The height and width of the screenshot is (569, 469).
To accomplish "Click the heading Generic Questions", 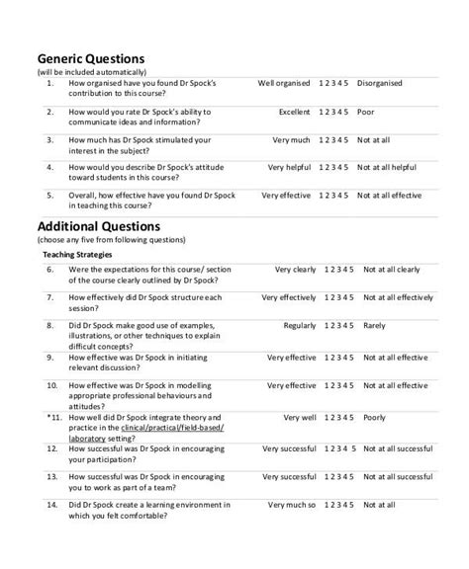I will [x=91, y=58].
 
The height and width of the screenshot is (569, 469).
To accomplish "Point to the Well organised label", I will [x=285, y=84].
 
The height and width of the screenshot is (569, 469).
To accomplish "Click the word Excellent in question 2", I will [x=294, y=112].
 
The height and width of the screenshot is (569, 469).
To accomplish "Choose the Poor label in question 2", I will [x=367, y=112].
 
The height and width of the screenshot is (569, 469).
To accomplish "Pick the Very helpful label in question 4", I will [x=289, y=168].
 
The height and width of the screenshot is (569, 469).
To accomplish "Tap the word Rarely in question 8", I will [x=374, y=325].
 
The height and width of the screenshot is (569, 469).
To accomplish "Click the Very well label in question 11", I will [x=299, y=417].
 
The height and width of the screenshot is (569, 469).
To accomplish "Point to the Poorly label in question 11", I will [x=374, y=417].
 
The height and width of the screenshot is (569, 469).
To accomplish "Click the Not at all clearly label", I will [x=392, y=269].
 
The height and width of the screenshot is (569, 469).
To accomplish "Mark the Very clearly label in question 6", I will [x=295, y=269].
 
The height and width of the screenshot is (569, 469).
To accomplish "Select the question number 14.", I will [x=51, y=505].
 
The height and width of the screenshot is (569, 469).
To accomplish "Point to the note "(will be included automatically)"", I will [x=91, y=72].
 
